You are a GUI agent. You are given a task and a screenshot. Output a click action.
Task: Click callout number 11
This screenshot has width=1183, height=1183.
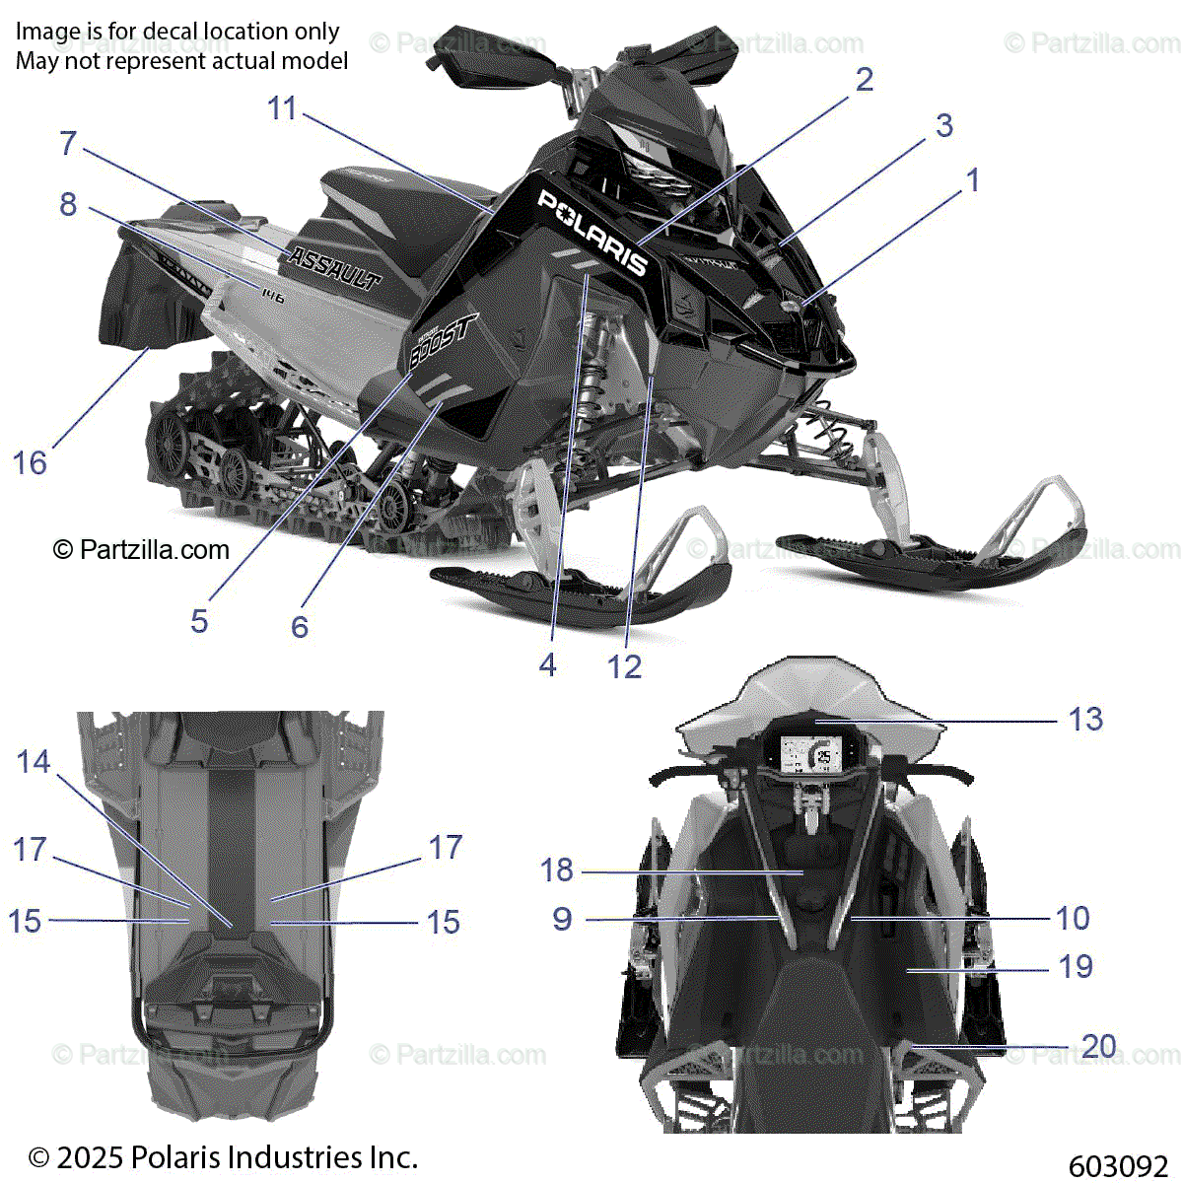coord(282,108)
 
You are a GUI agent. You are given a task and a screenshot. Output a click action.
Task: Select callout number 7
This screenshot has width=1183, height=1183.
coord(68,144)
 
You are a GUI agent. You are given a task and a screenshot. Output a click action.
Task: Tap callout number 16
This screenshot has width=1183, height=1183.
coord(30,462)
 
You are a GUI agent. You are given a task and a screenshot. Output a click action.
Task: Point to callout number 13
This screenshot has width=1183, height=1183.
coord(1085,720)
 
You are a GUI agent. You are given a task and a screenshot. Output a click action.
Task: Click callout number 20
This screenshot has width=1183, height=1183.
coord(1098,1046)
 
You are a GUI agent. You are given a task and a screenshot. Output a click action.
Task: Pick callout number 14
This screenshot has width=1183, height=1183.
coord(33,762)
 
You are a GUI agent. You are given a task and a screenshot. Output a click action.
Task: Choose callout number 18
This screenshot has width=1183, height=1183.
coord(556,870)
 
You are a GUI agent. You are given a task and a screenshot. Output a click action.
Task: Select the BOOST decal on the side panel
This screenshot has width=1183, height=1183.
coord(443,340)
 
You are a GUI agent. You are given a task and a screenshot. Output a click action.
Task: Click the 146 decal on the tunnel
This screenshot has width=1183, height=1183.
coord(272,294)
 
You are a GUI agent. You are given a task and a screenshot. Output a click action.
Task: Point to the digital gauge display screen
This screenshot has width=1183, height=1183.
coord(810,755)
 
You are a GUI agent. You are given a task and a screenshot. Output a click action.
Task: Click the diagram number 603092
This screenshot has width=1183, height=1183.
coord(1117,1167)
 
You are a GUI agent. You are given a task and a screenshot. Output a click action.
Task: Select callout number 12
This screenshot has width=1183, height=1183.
coord(624,667)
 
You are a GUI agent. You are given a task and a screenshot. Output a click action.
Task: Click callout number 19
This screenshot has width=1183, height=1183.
coord(1076,967)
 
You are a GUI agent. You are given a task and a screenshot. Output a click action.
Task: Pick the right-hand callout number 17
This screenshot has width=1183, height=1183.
coord(445,848)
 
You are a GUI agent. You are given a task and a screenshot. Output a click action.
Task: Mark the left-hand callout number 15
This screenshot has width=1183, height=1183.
coord(25,922)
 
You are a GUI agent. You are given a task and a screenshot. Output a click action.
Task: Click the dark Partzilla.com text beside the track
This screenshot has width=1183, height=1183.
coord(154,550)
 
